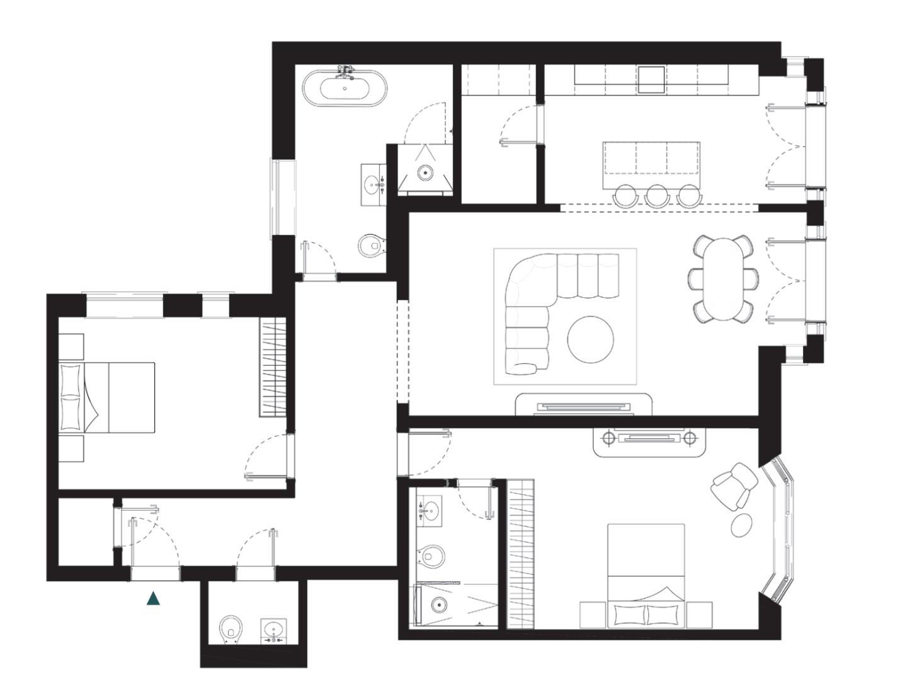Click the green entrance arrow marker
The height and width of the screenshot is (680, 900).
click(x=153, y=599)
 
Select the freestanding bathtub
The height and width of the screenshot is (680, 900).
click(x=345, y=88)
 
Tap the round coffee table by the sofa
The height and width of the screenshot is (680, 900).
click(x=590, y=339)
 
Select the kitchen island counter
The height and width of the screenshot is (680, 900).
click(x=651, y=157)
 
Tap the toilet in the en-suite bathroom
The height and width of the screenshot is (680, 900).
click(x=431, y=557)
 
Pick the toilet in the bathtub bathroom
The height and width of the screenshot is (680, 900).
click(x=371, y=245)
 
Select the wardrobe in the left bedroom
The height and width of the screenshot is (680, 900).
click(x=273, y=366)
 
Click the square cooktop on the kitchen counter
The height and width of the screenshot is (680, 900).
click(x=651, y=80)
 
